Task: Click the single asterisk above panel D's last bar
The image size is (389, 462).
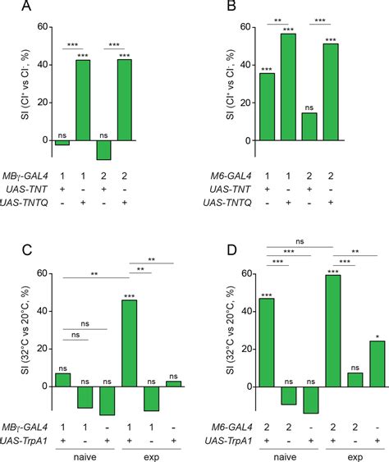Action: [x=377, y=336]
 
